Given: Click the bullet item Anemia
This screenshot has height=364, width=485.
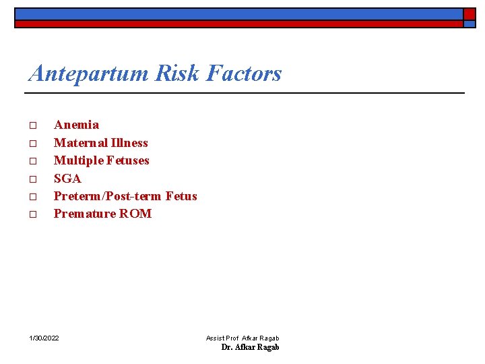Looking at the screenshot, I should point(76,125).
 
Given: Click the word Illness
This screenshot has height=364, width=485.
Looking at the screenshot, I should point(130,143).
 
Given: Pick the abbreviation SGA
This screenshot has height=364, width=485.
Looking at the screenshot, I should point(67,179).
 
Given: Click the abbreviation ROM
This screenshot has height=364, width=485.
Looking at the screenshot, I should point(135,214).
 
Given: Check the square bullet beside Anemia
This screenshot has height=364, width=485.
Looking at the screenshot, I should point(32,125).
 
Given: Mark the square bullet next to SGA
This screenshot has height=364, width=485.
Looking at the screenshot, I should point(32,179).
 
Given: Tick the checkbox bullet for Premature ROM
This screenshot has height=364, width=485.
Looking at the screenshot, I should point(32,214).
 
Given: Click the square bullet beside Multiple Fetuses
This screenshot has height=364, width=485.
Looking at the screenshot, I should point(32,161).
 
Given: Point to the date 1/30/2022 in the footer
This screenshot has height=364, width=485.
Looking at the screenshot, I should point(44,338).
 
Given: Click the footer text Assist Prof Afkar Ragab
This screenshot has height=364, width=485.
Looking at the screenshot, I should point(243,338).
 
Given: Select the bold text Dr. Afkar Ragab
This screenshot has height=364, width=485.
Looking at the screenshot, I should point(250,347).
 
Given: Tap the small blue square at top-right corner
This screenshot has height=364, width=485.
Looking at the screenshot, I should point(469,24).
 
